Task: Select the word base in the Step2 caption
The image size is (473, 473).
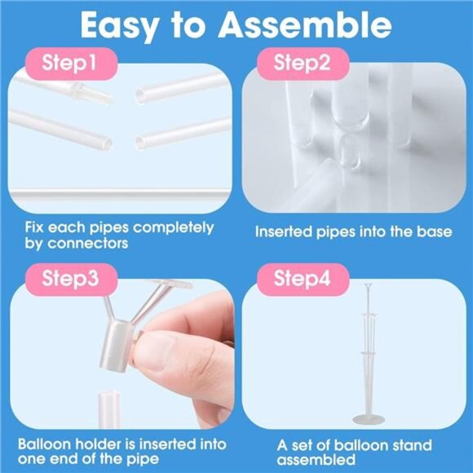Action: coord(433,232)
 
